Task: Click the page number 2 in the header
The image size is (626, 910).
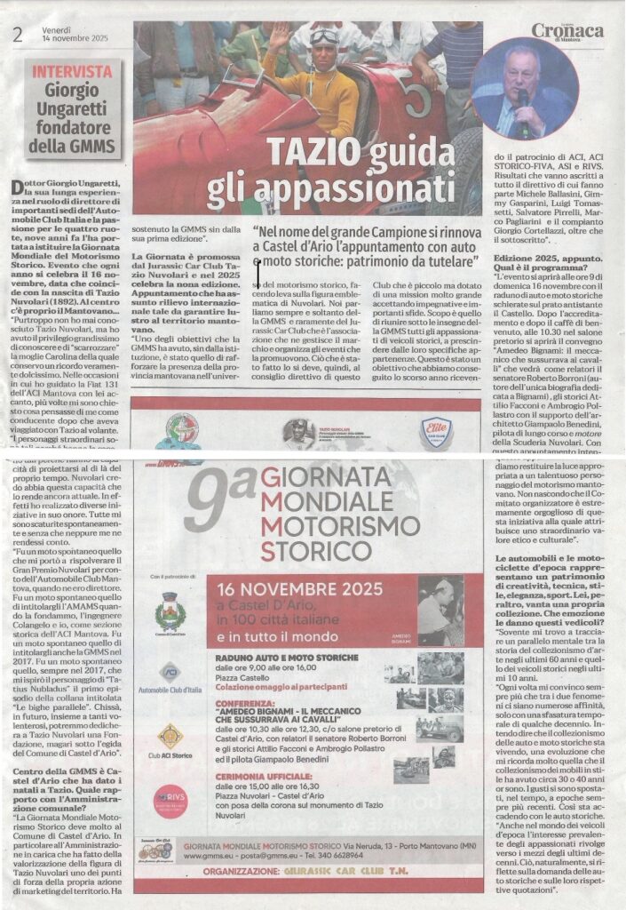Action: coord(17,35)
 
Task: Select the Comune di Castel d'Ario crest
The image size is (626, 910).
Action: coord(168,612)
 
